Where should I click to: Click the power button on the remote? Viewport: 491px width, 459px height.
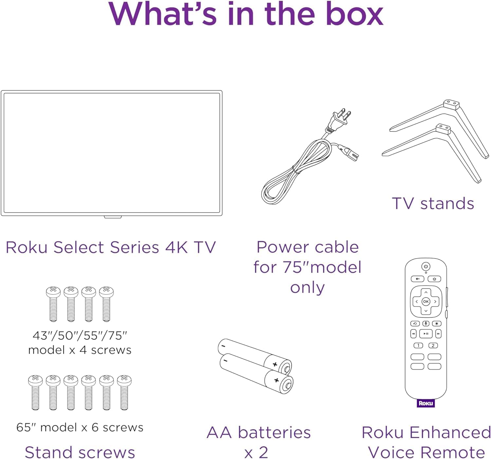(426, 266)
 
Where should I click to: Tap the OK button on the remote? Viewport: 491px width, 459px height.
(426, 302)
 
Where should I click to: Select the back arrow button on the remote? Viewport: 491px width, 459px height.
(417, 279)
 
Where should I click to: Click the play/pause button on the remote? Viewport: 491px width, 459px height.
(426, 334)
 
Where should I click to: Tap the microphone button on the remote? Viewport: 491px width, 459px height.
(426, 323)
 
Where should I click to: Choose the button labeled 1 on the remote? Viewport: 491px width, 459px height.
(418, 345)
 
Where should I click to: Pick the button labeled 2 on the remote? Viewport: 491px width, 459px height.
(433, 345)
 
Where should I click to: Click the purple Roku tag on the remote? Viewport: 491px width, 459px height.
(426, 403)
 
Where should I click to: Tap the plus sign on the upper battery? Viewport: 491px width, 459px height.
(275, 364)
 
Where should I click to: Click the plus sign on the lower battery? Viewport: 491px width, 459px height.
(276, 380)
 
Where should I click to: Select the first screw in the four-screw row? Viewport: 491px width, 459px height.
(53, 304)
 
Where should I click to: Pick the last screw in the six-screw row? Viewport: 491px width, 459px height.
(124, 393)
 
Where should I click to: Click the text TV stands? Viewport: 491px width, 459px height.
(433, 204)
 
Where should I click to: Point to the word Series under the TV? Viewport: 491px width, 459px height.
(134, 247)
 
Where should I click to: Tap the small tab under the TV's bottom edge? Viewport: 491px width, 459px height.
(113, 217)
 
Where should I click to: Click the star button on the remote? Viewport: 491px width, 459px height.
(436, 323)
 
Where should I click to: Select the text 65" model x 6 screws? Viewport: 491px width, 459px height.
(80, 427)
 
